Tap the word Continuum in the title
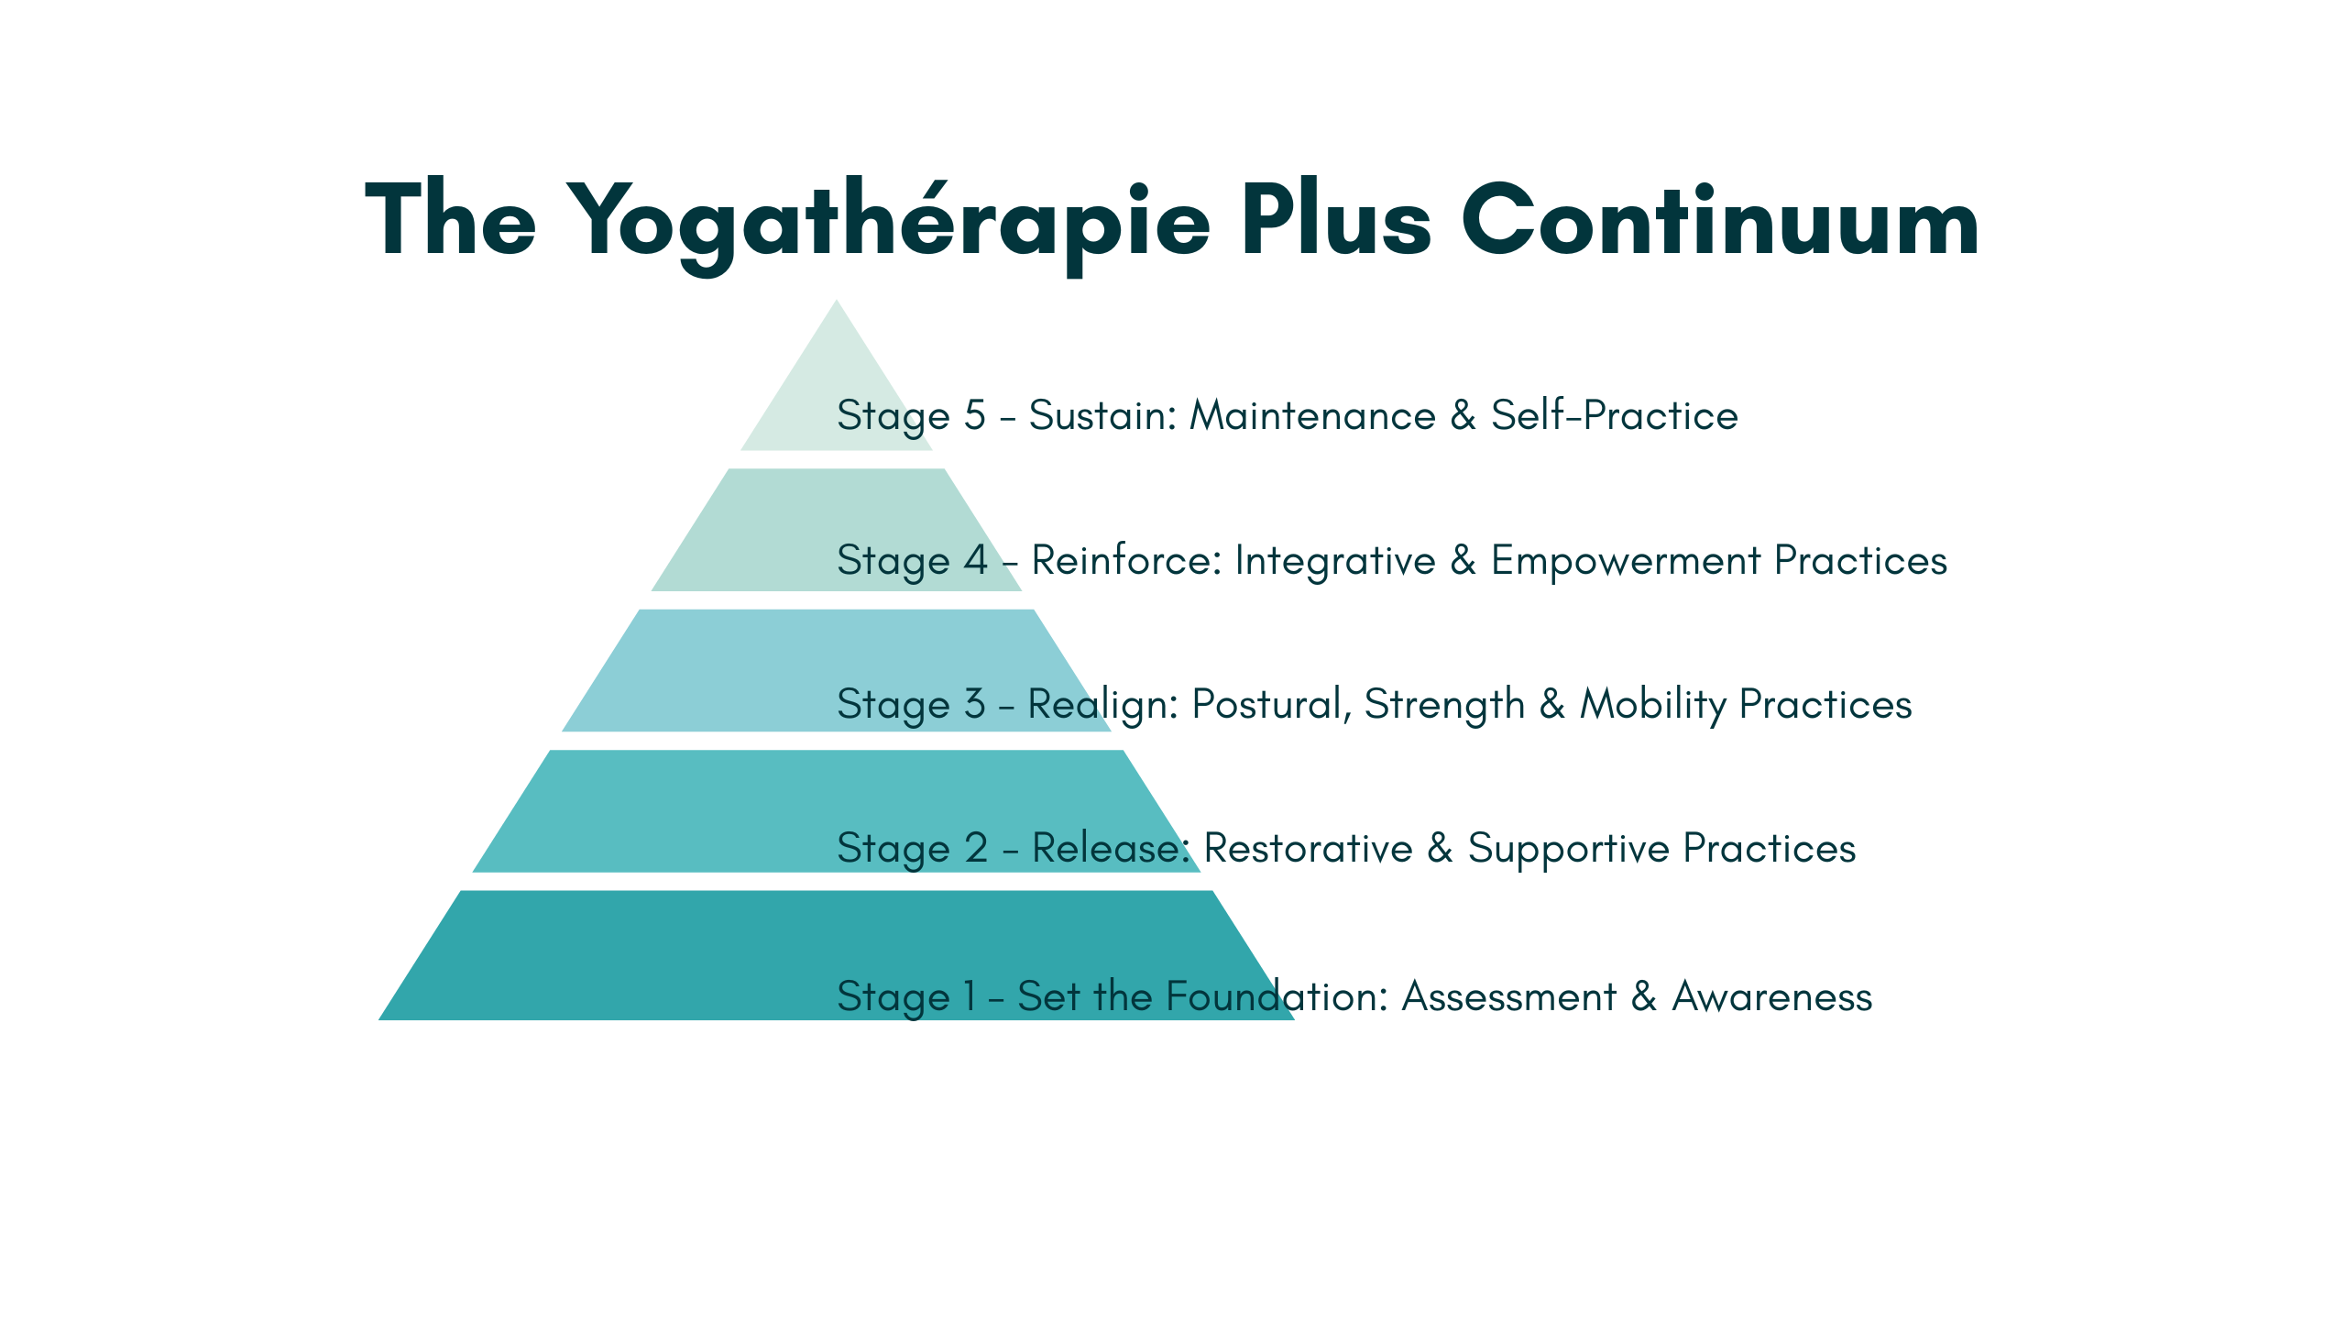click(x=1719, y=220)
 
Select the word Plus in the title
click(x=1335, y=220)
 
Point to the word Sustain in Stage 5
click(x=1102, y=415)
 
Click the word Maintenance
click(x=1312, y=415)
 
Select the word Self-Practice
click(x=1614, y=415)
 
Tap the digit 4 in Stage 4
click(x=975, y=560)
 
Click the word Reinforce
click(x=1126, y=560)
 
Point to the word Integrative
click(x=1335, y=560)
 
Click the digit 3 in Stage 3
click(x=974, y=704)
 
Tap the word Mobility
click(x=1653, y=704)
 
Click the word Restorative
click(x=1308, y=848)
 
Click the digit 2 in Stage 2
click(x=976, y=848)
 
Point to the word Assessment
click(x=1509, y=996)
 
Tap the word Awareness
click(x=1771, y=996)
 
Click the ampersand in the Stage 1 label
click(x=1644, y=996)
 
